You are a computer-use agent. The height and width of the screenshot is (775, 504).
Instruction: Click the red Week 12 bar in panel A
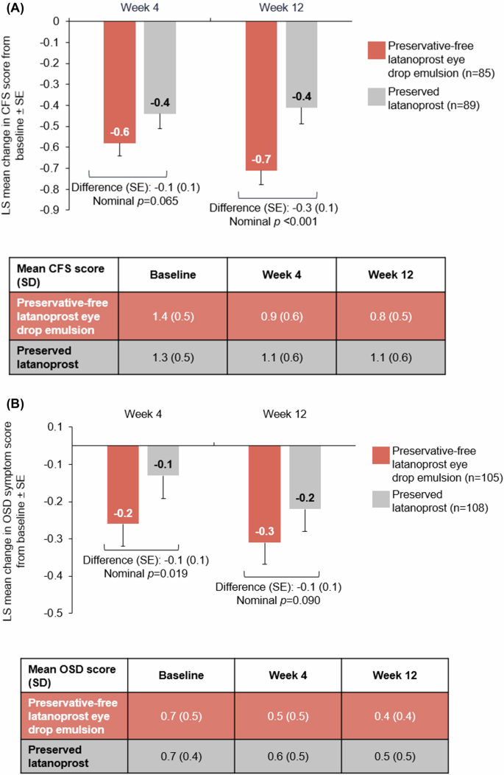click(261, 96)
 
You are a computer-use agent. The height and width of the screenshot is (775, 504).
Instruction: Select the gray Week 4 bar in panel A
click(160, 67)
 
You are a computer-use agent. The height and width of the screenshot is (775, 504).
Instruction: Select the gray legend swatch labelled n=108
click(381, 502)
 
